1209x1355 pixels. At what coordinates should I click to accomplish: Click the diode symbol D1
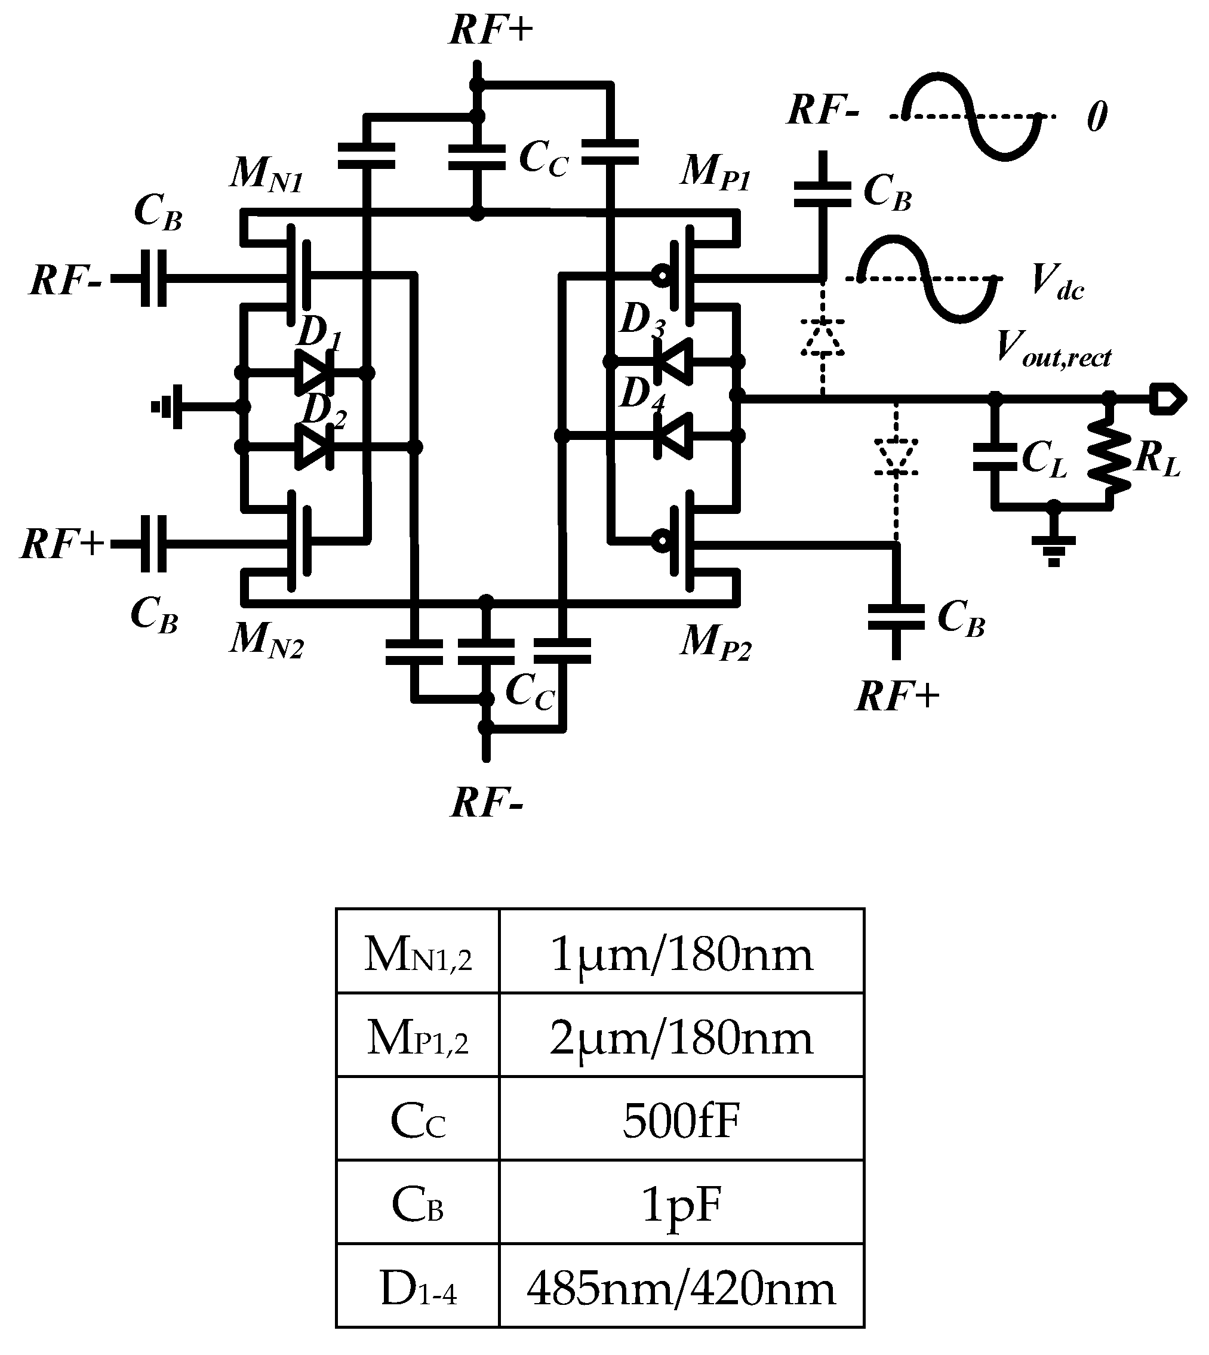coord(312,372)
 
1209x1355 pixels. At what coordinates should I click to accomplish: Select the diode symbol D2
coord(312,447)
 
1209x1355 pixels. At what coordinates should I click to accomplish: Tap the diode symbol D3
coord(672,361)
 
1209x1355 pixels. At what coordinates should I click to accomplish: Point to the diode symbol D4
coord(672,436)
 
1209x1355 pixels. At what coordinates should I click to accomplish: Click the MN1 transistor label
coord(266,174)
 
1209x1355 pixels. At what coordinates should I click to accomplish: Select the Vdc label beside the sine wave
coord(1057,282)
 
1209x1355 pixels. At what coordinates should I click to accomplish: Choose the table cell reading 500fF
coord(681,1121)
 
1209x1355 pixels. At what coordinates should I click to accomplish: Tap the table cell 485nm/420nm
coord(681,1288)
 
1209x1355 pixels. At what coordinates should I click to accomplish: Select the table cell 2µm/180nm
coord(681,1038)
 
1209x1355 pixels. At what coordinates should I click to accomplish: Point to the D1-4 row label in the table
coord(418,1288)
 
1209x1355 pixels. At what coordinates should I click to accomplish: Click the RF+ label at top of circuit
coord(491,30)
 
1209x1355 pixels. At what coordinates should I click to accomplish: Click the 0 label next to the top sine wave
coord(1097,117)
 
